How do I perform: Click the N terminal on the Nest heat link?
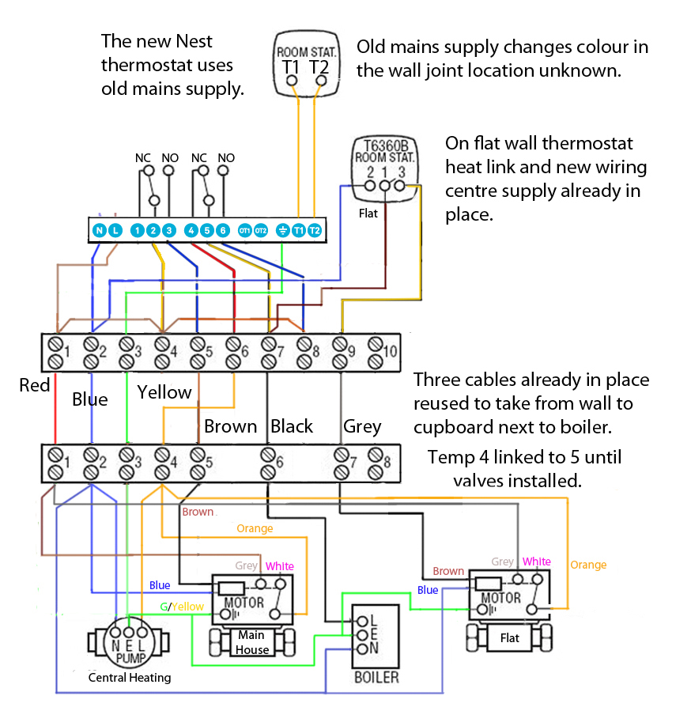pos(99,230)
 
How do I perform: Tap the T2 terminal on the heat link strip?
pos(314,230)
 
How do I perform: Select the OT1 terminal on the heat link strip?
pos(245,230)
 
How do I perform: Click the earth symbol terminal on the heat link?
pos(281,230)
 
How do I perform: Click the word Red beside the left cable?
pos(35,385)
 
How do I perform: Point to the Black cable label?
pos(292,426)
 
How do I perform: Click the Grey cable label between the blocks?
pos(362,426)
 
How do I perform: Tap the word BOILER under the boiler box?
pos(377,678)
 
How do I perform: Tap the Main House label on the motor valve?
pos(251,642)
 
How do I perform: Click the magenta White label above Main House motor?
pos(280,566)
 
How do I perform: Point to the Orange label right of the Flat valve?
pos(588,565)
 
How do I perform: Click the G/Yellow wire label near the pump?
pos(183,607)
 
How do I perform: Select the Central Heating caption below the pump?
pos(129,678)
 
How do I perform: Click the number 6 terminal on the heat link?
pos(223,230)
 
